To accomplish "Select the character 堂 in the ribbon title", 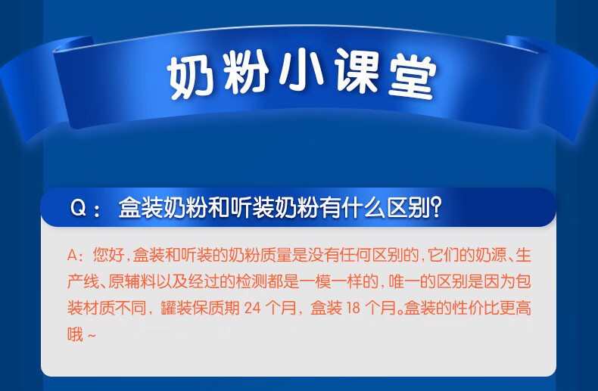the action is coord(413,77).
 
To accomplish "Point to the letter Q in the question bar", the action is coord(78,208).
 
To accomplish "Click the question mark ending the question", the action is coord(435,207).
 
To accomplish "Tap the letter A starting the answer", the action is coord(73,255).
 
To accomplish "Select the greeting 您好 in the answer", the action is coord(108,255).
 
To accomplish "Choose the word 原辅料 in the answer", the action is coord(132,281).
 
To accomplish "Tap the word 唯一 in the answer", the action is coord(405,281).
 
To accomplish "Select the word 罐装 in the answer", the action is coord(176,308).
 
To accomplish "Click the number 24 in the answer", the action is coord(253,308).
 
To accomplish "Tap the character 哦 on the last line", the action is coord(75,334).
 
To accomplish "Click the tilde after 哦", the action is coord(92,336).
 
